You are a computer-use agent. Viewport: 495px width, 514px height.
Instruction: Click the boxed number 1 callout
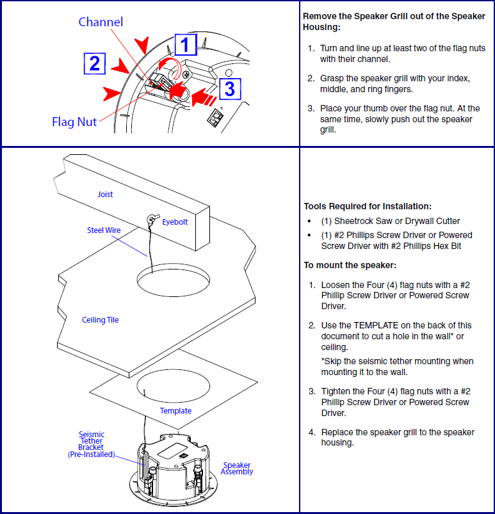(185, 45)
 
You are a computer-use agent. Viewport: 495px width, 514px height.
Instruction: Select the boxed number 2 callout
(94, 63)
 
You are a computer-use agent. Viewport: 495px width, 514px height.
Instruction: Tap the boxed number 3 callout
(229, 88)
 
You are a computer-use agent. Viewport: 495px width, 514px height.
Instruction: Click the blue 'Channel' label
(101, 22)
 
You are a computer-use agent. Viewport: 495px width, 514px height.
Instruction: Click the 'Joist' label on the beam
(105, 194)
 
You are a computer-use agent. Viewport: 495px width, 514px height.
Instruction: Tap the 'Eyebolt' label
(175, 221)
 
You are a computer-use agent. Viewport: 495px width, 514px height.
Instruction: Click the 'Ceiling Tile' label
(101, 319)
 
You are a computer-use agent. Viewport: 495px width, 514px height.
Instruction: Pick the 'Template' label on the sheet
(175, 410)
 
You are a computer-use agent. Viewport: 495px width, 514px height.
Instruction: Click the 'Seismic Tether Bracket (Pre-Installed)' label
(91, 444)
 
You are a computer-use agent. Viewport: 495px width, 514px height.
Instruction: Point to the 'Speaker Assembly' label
(237, 469)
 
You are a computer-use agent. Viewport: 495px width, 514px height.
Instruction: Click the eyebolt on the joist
(151, 220)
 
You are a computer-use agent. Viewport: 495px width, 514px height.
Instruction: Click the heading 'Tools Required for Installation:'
(368, 206)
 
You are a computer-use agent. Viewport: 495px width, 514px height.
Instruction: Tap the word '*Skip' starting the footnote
(331, 361)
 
